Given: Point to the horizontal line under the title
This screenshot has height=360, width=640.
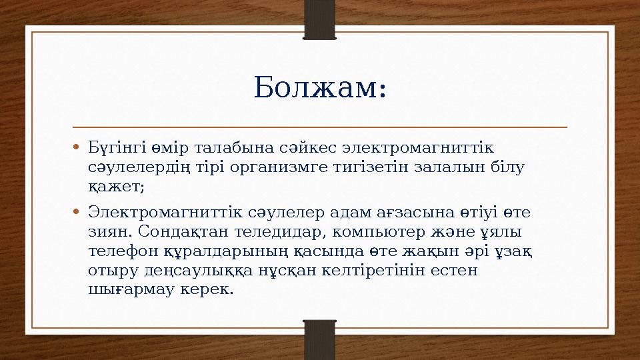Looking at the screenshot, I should [x=319, y=126].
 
